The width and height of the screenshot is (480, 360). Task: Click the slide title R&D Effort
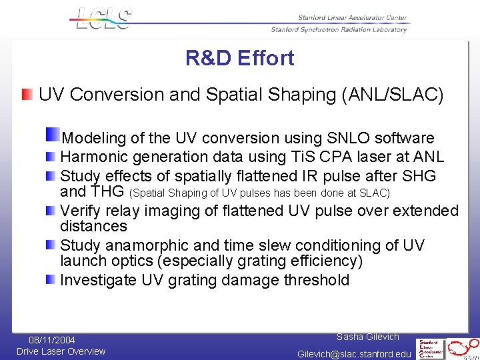[x=239, y=59]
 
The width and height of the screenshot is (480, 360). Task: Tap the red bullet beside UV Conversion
[x=26, y=94]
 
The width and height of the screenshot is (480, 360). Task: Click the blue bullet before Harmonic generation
[x=51, y=157]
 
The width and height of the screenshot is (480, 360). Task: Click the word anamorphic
[x=152, y=245]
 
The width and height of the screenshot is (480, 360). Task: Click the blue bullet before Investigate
[x=51, y=279]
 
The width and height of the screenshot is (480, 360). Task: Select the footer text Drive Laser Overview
[x=61, y=351]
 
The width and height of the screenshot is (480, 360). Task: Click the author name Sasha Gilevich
[x=367, y=337]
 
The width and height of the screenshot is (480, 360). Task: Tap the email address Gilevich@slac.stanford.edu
[x=354, y=354]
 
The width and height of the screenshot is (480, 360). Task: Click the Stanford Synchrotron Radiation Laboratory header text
[x=339, y=30]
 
